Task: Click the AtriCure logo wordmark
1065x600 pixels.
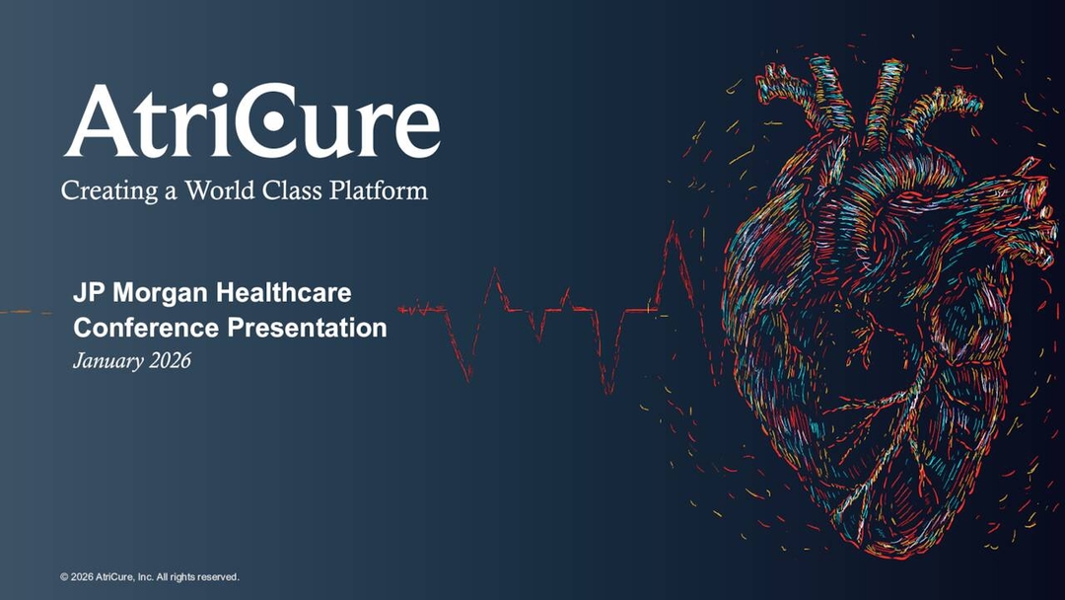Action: point(251,121)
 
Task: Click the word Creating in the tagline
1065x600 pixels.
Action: point(102,189)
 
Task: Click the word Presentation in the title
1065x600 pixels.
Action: point(308,327)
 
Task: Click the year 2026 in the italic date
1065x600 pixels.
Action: point(170,360)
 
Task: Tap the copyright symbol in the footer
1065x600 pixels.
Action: point(63,576)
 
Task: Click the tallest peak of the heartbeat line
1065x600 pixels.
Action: point(673,229)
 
